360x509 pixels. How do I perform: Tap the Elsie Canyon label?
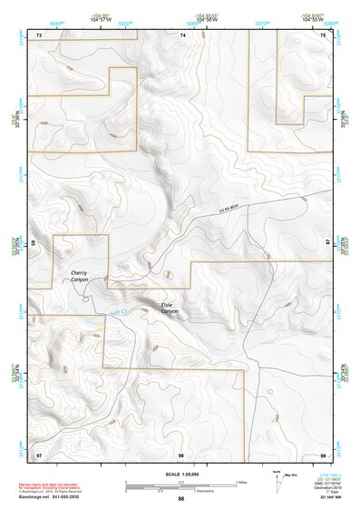click(170, 308)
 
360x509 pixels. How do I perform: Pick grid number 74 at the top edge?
click(182, 34)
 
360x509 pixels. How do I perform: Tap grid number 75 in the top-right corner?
click(324, 34)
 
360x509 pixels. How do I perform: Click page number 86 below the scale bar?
click(181, 499)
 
